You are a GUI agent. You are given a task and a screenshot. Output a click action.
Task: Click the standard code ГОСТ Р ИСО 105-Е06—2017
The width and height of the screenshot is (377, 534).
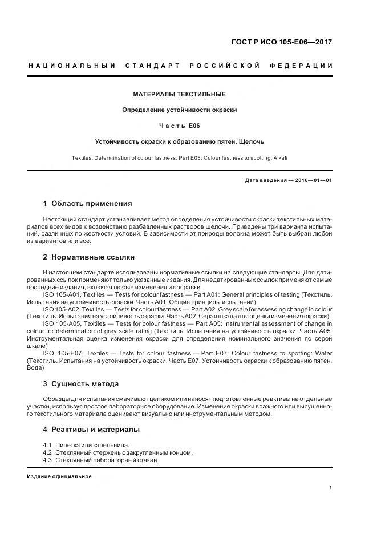click(282, 42)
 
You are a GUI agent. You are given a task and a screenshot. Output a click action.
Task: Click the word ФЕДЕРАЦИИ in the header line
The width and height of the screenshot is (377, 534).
click(305, 66)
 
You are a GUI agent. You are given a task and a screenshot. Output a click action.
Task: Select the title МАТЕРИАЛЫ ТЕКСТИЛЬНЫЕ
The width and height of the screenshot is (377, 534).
click(179, 94)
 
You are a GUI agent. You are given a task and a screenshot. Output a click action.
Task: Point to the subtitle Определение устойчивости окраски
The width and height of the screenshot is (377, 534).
click(179, 110)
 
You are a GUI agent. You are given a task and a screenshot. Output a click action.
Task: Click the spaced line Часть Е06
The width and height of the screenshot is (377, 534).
click(179, 126)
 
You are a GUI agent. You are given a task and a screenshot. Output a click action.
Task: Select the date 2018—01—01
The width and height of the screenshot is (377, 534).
click(313, 180)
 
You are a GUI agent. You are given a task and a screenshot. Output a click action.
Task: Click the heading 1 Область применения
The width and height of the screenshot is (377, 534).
click(87, 203)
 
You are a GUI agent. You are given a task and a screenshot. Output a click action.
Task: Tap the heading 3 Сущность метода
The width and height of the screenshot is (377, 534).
click(80, 383)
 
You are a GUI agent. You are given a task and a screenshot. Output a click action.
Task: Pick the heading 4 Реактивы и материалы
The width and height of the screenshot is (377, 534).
click(91, 429)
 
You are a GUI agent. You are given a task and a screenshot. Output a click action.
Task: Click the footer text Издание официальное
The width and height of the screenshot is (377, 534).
click(59, 476)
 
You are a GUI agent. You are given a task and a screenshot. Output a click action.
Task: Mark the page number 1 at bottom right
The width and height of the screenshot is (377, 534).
click(331, 488)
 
